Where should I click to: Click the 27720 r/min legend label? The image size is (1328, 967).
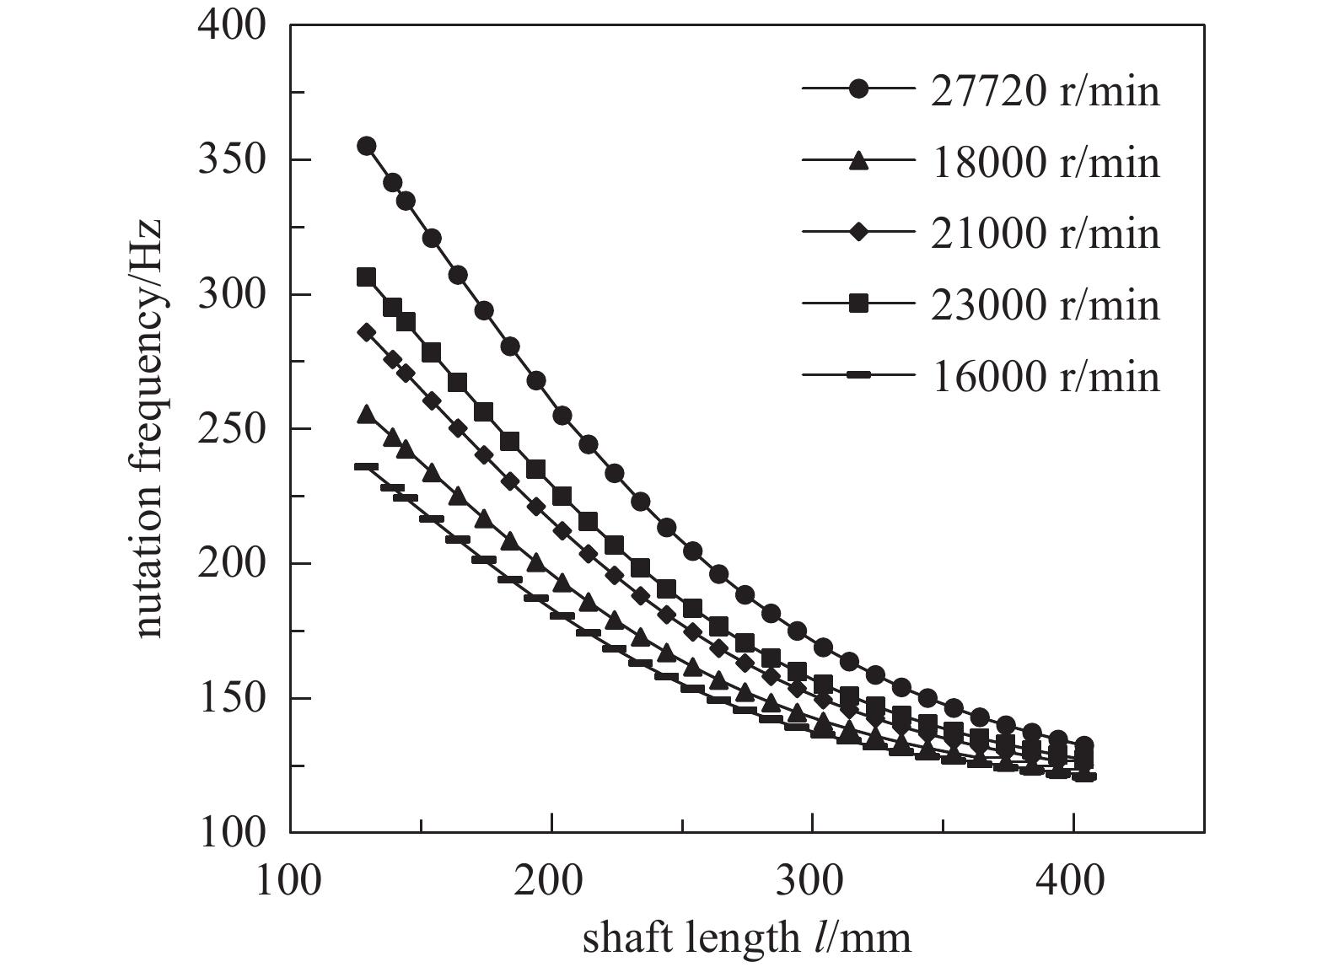(1045, 90)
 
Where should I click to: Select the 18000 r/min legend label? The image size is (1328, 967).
(1045, 162)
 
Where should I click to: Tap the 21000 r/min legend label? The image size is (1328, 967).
(1045, 233)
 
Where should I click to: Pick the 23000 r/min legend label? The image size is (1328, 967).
(1045, 304)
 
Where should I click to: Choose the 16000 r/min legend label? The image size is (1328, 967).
(1045, 376)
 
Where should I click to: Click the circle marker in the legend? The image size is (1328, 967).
(858, 89)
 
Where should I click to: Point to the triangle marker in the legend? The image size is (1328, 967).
(858, 160)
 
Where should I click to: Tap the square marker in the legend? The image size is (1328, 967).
(858, 304)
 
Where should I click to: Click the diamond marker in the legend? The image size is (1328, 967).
(858, 233)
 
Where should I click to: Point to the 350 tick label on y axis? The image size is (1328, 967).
(231, 160)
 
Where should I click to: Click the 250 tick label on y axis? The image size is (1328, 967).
(231, 429)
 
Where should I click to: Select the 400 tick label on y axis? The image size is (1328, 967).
(231, 26)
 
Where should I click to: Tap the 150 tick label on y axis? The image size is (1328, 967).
(231, 699)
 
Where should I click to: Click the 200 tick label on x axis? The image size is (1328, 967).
(551, 879)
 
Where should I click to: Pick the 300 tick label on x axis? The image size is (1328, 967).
(811, 879)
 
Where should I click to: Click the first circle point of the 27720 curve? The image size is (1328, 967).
(366, 146)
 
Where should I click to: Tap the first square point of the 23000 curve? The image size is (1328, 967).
(366, 277)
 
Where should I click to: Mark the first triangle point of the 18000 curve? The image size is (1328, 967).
(366, 415)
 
